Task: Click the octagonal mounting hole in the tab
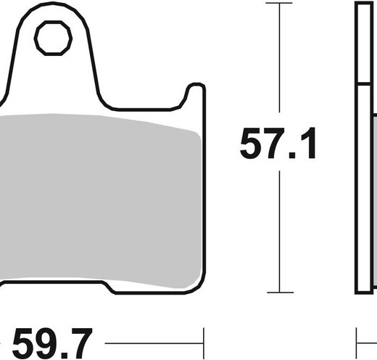click(53, 38)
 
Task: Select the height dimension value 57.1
click(278, 143)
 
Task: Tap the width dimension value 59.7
click(52, 343)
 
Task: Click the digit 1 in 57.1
click(307, 143)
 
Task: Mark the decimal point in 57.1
click(291, 155)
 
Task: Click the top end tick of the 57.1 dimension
click(279, 3)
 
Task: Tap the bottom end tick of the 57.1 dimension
click(280, 292)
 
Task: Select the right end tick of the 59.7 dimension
click(204, 343)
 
